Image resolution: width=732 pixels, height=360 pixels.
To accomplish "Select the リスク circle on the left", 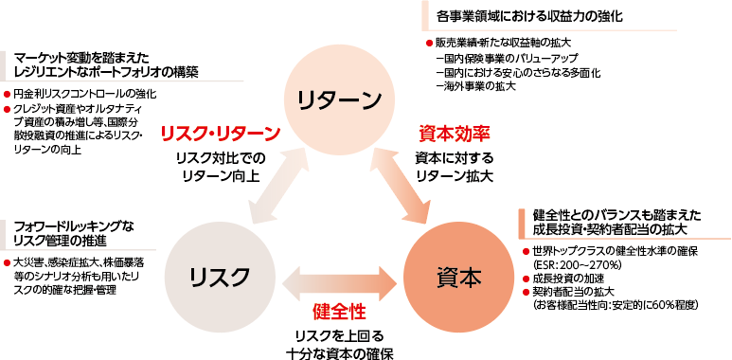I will coord(219,276).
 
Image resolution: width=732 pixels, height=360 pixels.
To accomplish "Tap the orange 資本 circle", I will coord(459,276).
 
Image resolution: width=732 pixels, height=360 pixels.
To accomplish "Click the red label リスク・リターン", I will coord(221,133).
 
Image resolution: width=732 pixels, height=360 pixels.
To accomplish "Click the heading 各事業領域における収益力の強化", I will coord(529,17).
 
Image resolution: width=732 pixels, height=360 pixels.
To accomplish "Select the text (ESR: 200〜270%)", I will coord(579,264).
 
